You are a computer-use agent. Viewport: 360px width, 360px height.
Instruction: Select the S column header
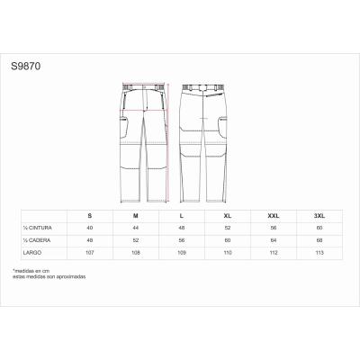[x=90, y=216]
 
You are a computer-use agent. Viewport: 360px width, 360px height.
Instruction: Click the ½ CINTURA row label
[x=34, y=229]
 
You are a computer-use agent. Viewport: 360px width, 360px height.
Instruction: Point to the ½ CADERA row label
[x=33, y=240]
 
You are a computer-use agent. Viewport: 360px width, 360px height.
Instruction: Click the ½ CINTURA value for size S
[x=90, y=229]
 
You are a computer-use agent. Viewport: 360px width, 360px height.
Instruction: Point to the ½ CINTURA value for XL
[x=227, y=229]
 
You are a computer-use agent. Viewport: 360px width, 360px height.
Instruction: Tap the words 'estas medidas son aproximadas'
[x=49, y=277]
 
